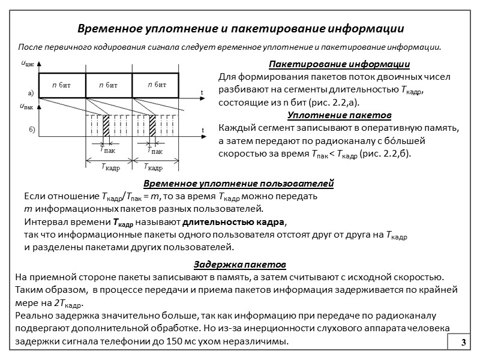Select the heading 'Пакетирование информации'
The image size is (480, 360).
pos(339,65)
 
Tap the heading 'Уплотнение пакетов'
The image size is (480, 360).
pos(340,115)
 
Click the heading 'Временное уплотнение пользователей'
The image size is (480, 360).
pos(239,184)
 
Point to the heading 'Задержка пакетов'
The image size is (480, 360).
pos(239,265)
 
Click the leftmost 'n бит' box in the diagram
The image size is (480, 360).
pos(62,85)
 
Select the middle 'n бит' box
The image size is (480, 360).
pos(109,85)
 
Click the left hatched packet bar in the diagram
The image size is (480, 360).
pos(106,125)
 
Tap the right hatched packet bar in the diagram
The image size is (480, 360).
pos(152,125)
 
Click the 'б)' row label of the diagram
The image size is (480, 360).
pos(32,130)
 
